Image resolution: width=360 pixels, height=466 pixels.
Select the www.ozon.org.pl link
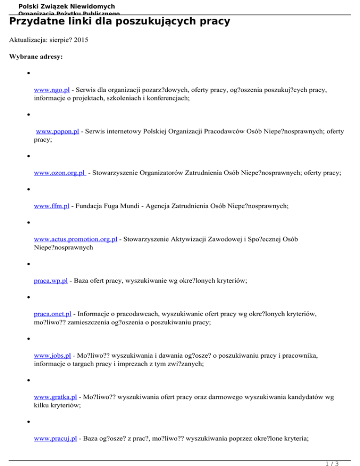(60, 173)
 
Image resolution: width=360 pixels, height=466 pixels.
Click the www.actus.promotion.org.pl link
(76, 240)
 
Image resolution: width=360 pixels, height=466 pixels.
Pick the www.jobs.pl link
(52, 356)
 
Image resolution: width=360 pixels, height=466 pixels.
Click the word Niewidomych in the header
(88, 7)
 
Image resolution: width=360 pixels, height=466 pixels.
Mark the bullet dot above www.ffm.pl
(29, 190)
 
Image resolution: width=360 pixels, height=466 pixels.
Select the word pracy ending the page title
(215, 22)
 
